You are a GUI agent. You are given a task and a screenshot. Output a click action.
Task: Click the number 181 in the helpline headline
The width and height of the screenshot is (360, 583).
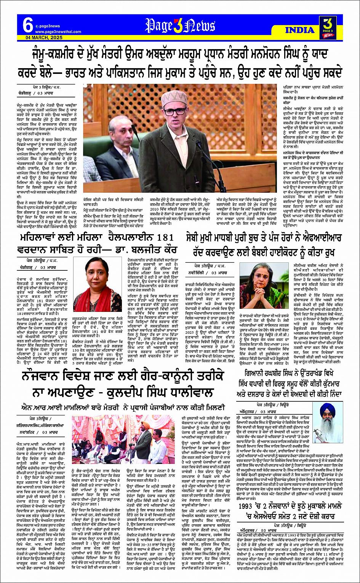pyautogui.click(x=165, y=238)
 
